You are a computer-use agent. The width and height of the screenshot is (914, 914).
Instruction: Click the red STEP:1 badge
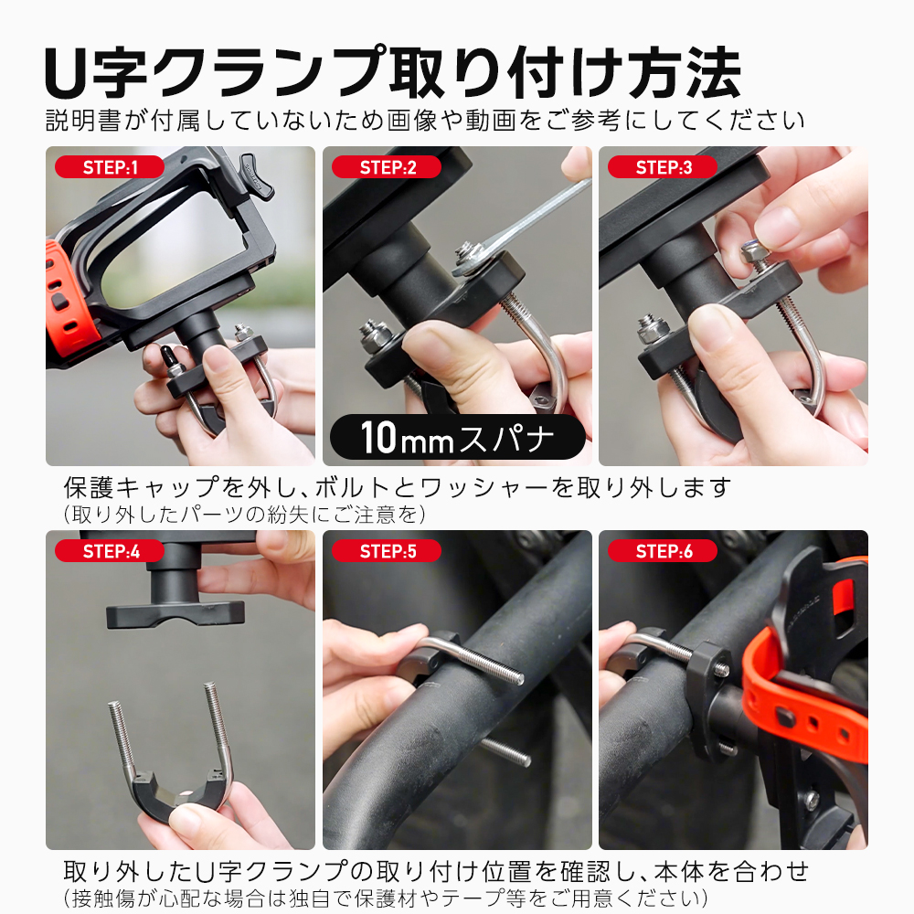110,167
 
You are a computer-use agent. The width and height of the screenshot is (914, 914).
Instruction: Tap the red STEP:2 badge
387,167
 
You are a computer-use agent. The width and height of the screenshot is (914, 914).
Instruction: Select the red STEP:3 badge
663,167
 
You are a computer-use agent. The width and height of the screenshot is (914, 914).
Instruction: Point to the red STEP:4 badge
110,551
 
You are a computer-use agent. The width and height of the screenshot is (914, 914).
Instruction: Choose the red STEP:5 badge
387,551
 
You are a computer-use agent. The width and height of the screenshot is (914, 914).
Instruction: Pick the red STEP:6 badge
663,551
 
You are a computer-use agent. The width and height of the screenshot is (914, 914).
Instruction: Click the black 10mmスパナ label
458,437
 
